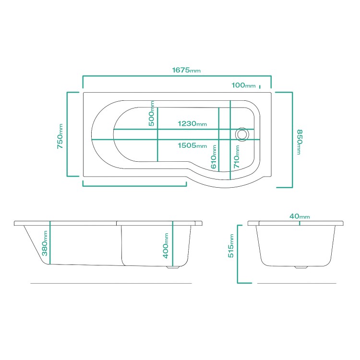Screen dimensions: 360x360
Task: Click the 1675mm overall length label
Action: (x=186, y=70)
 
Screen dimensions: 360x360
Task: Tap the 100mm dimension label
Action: (x=243, y=85)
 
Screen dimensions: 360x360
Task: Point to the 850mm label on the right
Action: (x=299, y=142)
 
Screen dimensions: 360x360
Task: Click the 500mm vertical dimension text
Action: (x=152, y=114)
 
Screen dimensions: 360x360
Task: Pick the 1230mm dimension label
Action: (x=192, y=124)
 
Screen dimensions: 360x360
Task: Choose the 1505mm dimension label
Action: (x=192, y=146)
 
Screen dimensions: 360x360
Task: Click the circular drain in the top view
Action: (x=242, y=134)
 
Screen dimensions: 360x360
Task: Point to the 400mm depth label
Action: (x=166, y=245)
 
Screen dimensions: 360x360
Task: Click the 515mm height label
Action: (x=231, y=246)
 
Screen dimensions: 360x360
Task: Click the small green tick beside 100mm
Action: (x=260, y=87)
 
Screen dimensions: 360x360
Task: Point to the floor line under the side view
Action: (x=111, y=284)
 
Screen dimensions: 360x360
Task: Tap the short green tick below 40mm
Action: (x=300, y=222)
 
